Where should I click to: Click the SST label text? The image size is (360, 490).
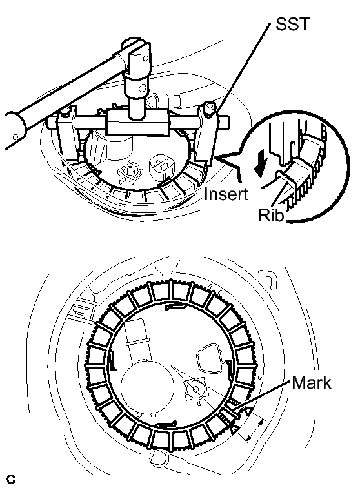(292, 24)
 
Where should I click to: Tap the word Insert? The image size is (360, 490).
(226, 194)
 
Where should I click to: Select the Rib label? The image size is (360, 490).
(271, 215)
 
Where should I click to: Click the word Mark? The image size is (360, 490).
(312, 382)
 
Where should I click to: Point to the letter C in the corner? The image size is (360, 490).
(10, 480)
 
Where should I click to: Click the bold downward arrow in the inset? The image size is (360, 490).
(261, 162)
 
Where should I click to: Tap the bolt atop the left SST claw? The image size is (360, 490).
(65, 111)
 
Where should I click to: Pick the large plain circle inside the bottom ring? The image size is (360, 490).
(146, 387)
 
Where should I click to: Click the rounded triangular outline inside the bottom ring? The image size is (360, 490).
(210, 358)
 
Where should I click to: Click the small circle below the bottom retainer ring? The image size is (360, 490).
(159, 458)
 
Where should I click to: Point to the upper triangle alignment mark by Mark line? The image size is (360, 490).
(247, 411)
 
